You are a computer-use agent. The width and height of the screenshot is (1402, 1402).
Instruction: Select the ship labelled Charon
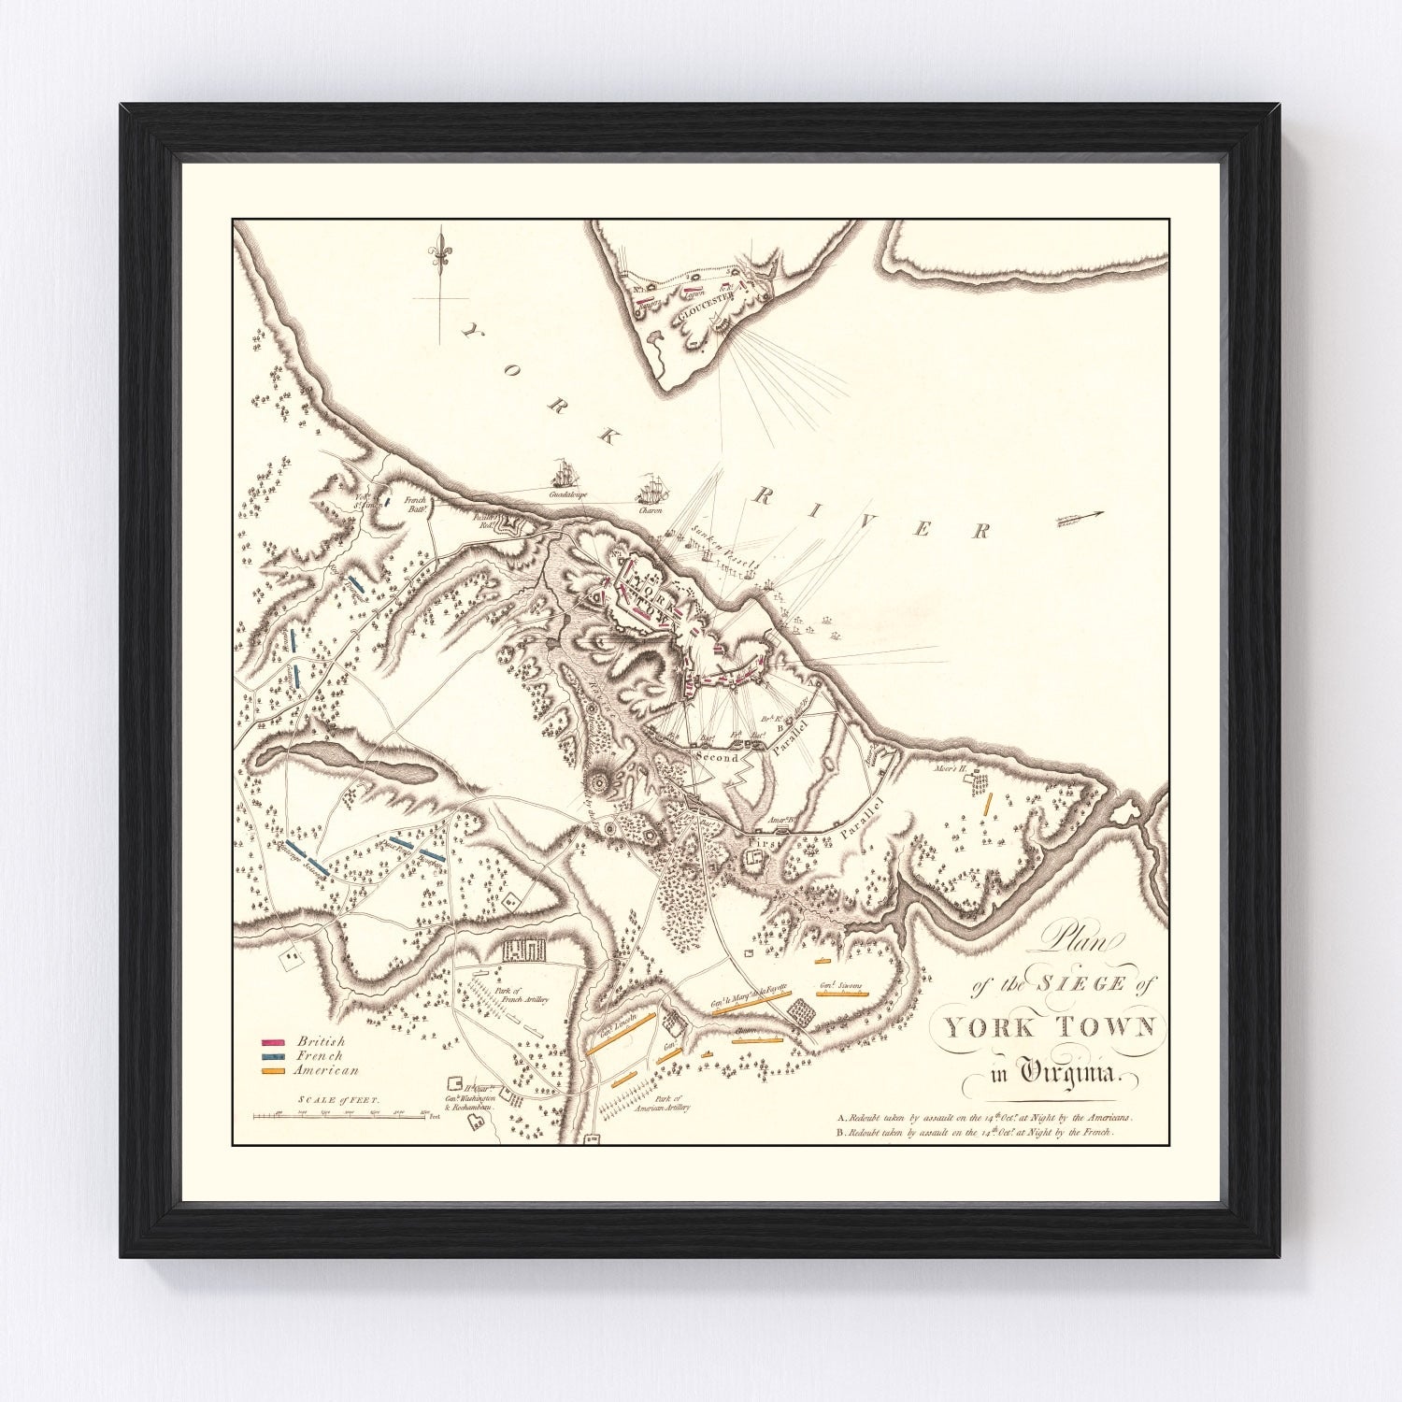650,490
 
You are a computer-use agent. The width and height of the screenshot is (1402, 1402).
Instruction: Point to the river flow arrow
1080,516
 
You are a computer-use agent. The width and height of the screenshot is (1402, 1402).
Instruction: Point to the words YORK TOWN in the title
1050,1028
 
